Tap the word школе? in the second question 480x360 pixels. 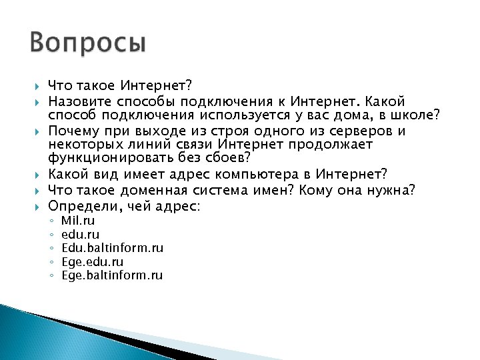[417, 116]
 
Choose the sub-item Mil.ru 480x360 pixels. [78, 220]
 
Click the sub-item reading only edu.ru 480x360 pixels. [80, 234]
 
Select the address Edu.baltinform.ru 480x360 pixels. [112, 248]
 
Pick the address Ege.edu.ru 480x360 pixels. [92, 262]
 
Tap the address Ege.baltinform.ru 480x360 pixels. [111, 275]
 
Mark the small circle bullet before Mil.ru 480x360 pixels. [51, 221]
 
